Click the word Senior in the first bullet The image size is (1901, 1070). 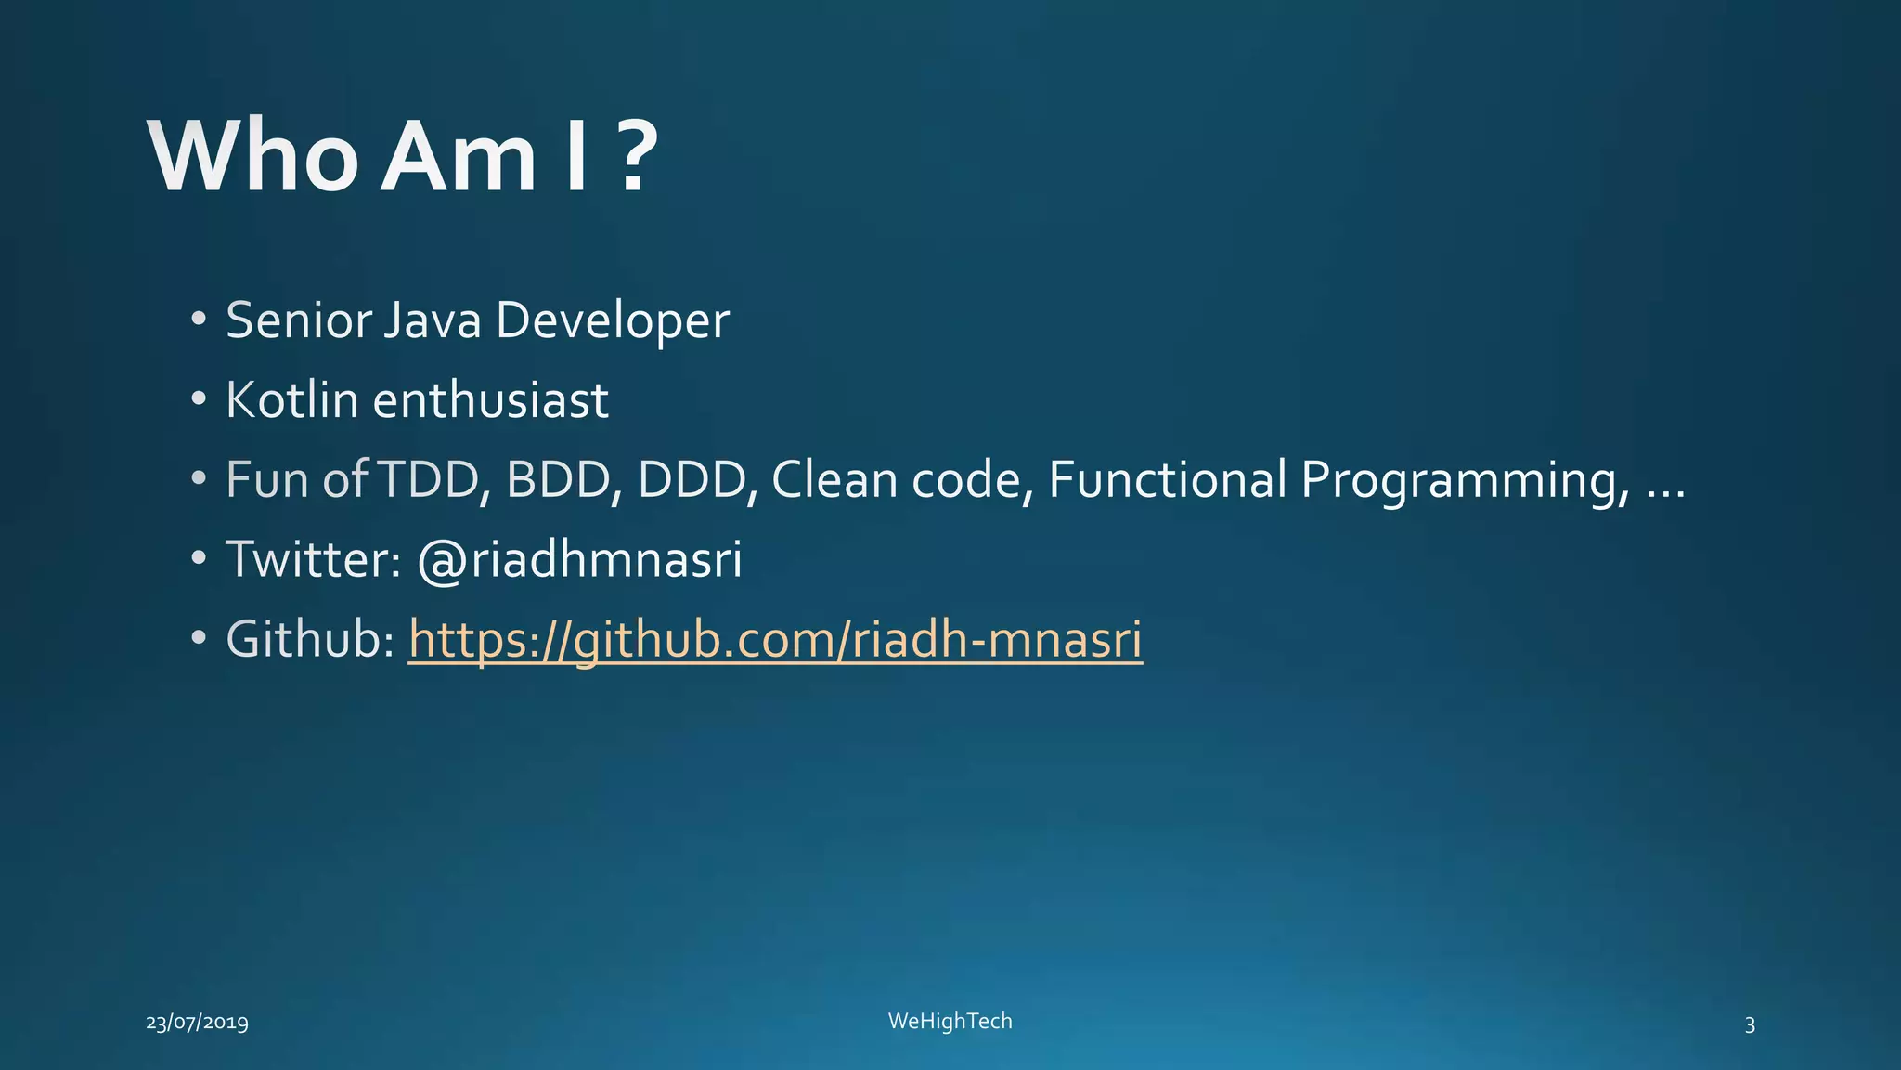pos(298,320)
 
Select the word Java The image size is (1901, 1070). pos(432,320)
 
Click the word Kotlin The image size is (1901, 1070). pos(291,400)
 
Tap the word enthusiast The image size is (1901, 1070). pos(490,400)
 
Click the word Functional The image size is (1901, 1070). pos(1167,480)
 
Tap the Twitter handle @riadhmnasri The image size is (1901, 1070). pos(580,559)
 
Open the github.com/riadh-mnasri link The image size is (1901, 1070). pos(775,640)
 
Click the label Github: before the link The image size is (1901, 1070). pos(310,640)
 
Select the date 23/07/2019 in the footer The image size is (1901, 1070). pos(198,1023)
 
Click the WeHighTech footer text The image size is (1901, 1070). pos(950,1021)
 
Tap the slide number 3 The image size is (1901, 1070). pos(1750,1024)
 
